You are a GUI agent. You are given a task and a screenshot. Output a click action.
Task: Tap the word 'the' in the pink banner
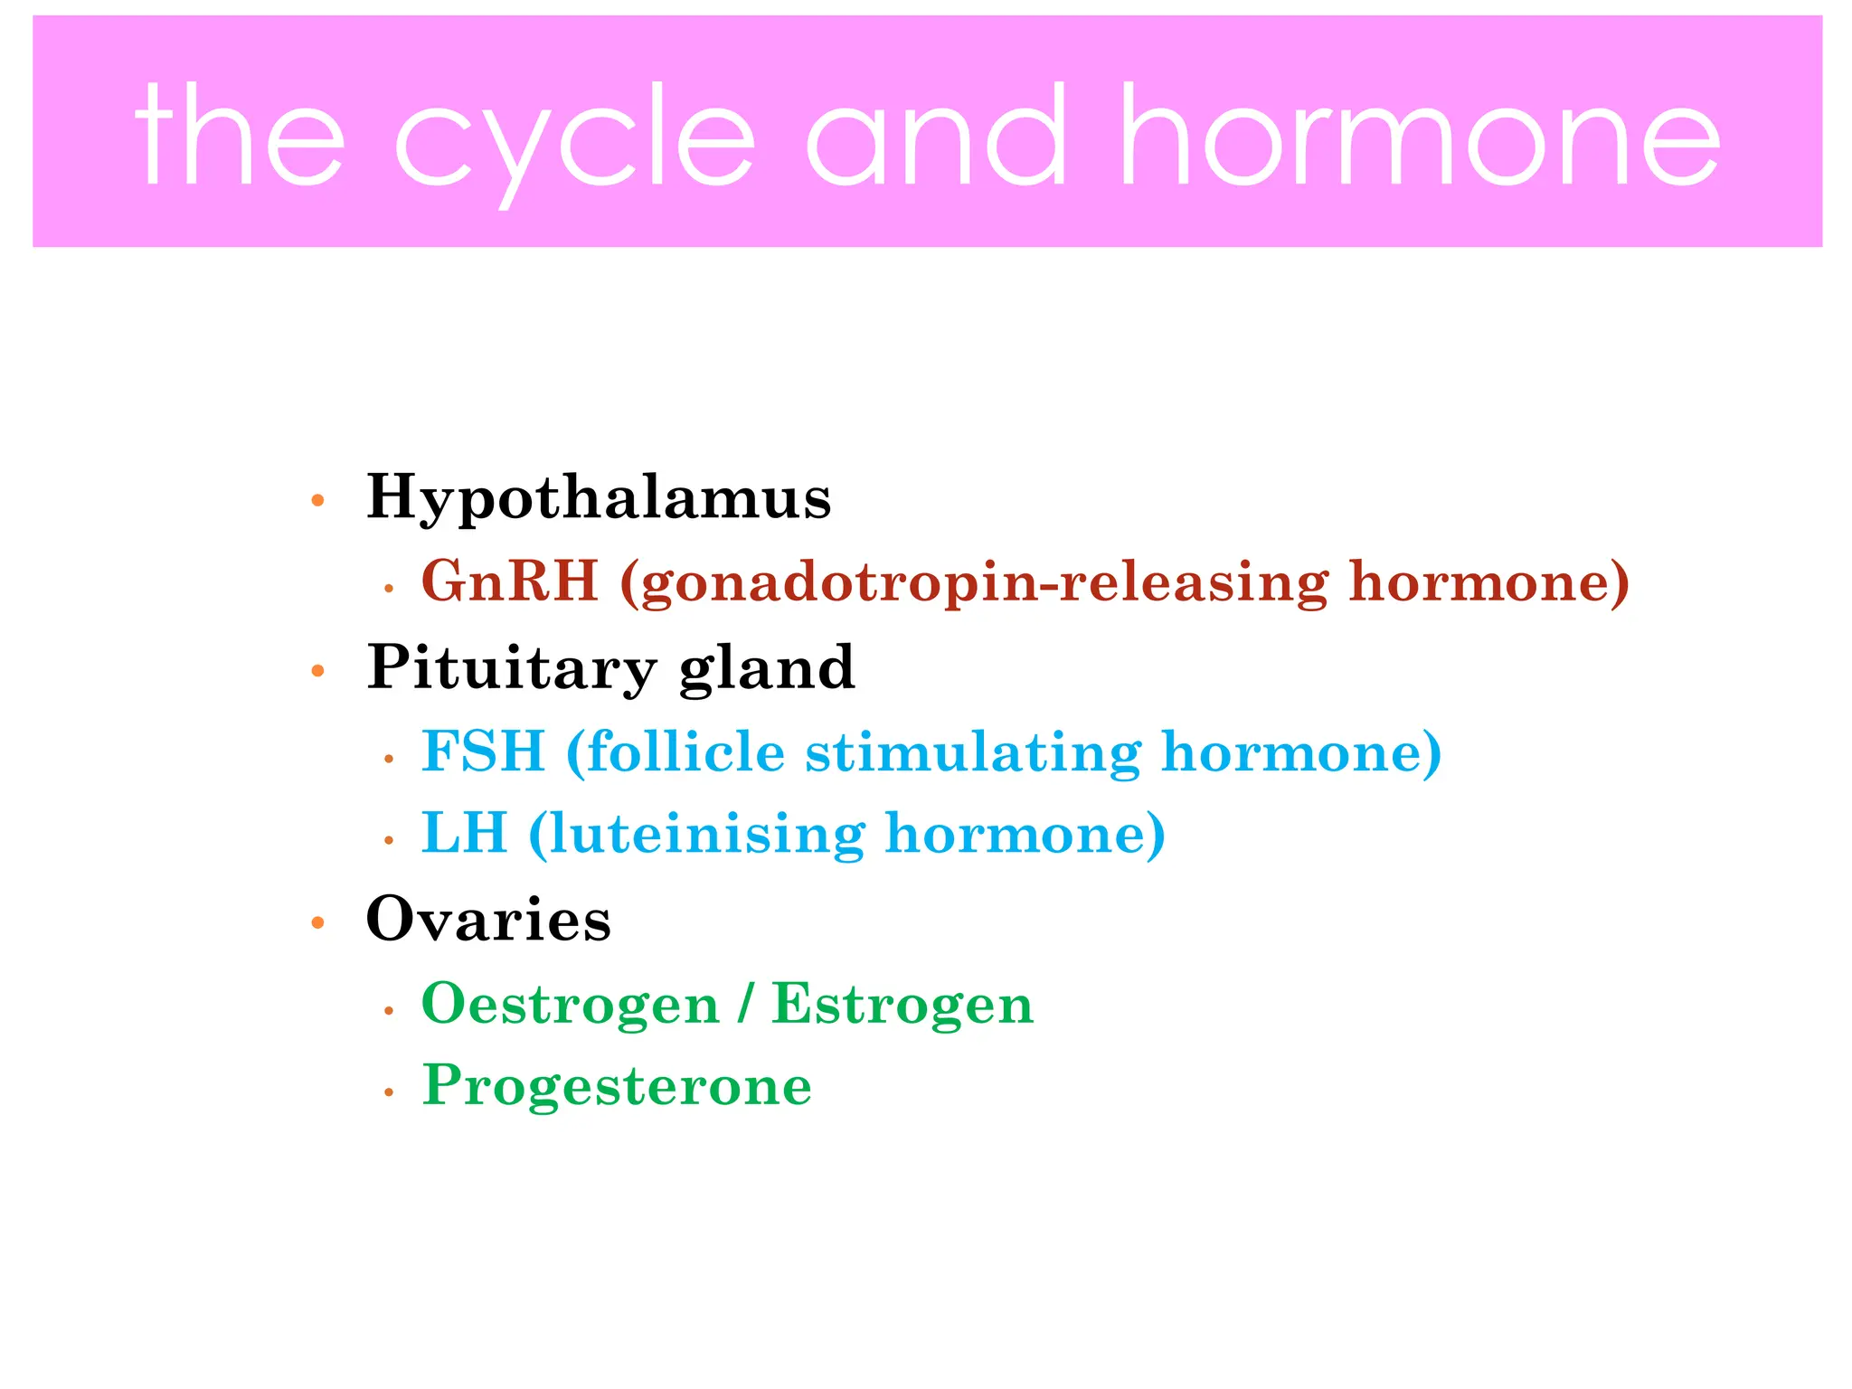240,136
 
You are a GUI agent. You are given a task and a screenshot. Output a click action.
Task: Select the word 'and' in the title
937,136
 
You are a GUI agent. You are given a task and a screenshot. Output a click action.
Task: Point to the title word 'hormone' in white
1420,136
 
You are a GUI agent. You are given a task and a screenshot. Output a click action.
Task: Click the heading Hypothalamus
598,497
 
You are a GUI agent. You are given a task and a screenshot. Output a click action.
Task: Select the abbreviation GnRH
509,581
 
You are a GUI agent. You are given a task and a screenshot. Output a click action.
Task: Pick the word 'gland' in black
767,668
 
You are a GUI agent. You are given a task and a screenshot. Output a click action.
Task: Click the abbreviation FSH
484,751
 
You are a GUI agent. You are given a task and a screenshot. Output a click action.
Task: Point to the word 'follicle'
685,751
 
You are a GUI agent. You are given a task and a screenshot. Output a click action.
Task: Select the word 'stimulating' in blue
974,751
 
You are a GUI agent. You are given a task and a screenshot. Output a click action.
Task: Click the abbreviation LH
464,833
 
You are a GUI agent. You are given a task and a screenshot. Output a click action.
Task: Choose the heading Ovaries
488,920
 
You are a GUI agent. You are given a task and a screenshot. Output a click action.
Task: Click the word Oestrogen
570,1004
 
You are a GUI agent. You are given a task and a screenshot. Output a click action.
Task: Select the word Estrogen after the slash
902,1004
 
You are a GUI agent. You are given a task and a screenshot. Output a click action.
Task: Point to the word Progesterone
617,1086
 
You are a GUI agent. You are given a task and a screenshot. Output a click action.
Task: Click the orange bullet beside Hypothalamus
317,501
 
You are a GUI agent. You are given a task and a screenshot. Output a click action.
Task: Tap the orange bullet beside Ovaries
317,923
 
